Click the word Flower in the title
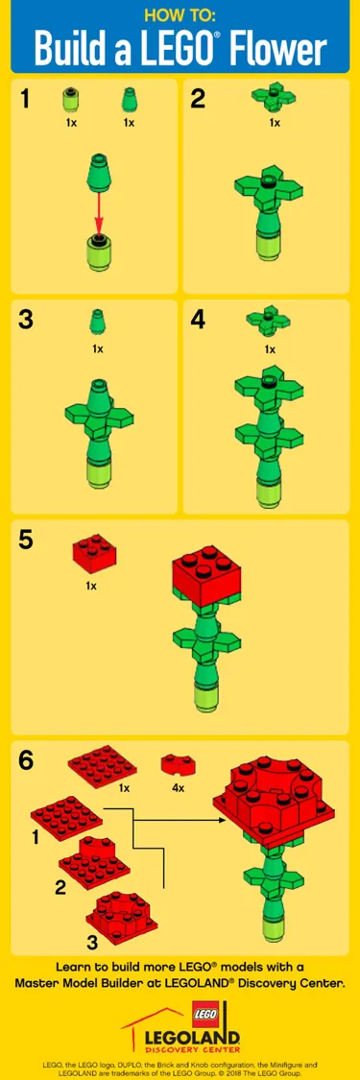(x=287, y=48)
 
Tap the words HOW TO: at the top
(x=180, y=14)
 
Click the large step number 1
(x=26, y=99)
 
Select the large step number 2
(x=199, y=99)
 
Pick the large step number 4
(x=199, y=321)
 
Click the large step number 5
(x=26, y=540)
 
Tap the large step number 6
(x=27, y=760)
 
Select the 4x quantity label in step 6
(x=178, y=788)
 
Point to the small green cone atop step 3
(x=96, y=321)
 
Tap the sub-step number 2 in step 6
(x=60, y=887)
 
